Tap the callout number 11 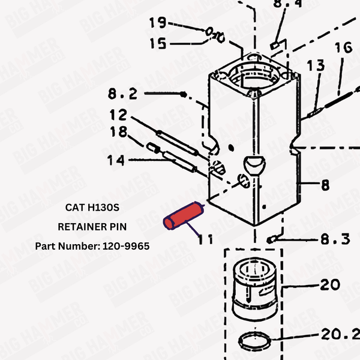click(206, 239)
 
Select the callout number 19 click(158, 23)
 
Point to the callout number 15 click(158, 43)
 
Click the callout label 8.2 click(122, 94)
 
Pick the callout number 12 click(118, 114)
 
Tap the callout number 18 click(118, 132)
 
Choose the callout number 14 click(116, 160)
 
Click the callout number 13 click(316, 65)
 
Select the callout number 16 click(343, 47)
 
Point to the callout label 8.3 click(334, 239)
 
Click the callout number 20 click(329, 284)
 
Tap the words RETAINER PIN click(92, 227)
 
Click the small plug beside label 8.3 click(272, 239)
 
